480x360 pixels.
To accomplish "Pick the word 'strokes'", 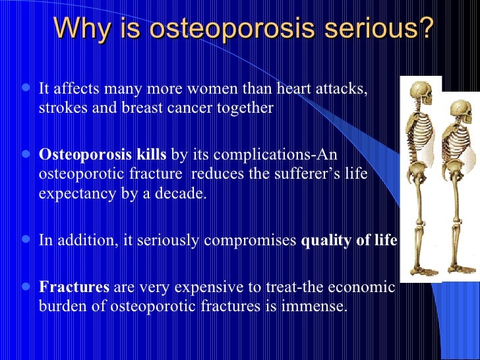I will pyautogui.click(x=61, y=107).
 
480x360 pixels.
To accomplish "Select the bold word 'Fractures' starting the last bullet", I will pyautogui.click(x=75, y=287).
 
